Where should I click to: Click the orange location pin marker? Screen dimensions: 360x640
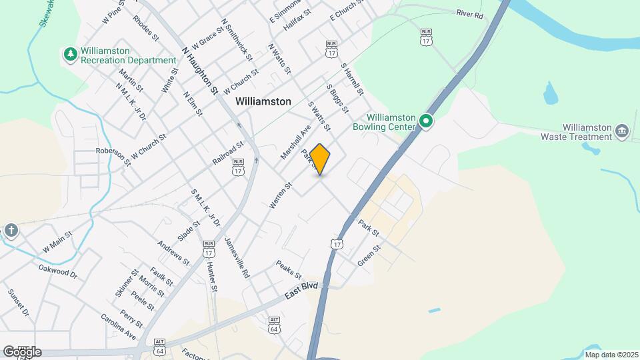click(x=320, y=159)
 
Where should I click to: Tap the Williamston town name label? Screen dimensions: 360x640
click(x=263, y=101)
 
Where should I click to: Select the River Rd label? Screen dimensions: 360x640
click(x=469, y=13)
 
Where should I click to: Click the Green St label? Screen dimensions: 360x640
click(x=369, y=256)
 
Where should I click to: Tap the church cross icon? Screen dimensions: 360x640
click(x=11, y=231)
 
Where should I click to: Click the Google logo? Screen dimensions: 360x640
click(x=22, y=351)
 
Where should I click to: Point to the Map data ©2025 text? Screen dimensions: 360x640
click(x=611, y=355)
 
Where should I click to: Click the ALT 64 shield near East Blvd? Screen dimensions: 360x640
click(x=274, y=325)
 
